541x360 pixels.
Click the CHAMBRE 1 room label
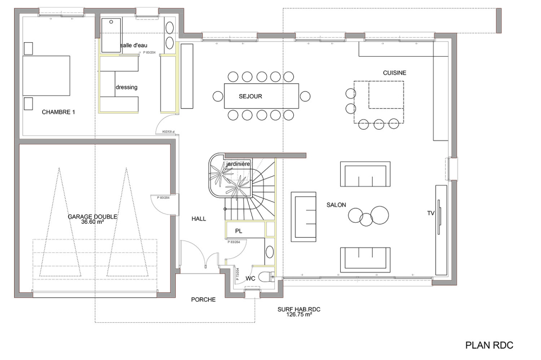click(58, 112)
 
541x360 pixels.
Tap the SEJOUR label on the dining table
click(250, 96)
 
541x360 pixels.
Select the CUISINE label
click(394, 72)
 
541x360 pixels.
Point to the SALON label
click(336, 205)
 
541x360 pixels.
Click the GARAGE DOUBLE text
click(93, 216)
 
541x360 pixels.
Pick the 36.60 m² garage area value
click(93, 222)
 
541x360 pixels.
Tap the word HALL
click(199, 218)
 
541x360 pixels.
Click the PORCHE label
click(203, 299)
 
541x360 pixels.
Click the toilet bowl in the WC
click(266, 277)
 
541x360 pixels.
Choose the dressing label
click(127, 87)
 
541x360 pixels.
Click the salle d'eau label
click(134, 45)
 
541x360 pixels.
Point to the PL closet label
click(238, 231)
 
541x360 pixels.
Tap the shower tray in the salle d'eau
click(111, 35)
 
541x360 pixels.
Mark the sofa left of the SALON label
click(304, 216)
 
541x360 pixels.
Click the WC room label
click(250, 278)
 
